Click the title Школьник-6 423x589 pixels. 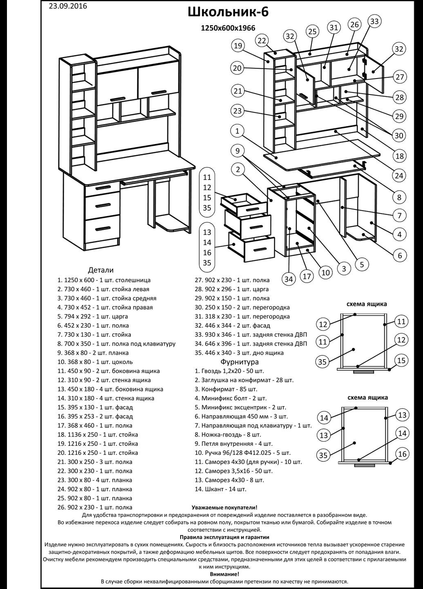[228, 12]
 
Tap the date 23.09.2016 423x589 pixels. [68, 6]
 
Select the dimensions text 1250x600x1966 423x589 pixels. [228, 28]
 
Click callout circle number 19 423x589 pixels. [238, 46]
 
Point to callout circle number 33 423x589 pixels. [374, 21]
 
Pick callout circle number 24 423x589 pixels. [399, 175]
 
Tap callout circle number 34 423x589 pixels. [289, 279]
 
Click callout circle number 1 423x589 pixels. [237, 131]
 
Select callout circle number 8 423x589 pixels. [399, 197]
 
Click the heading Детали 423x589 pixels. [101, 270]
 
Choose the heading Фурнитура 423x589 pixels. [239, 362]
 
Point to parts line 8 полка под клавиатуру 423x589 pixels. [116, 344]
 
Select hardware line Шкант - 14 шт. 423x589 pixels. [220, 489]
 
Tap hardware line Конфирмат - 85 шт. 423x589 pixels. [226, 389]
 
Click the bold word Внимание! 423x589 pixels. [225, 574]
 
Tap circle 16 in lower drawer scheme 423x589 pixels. [402, 454]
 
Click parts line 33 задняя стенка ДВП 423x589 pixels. [251, 335]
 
